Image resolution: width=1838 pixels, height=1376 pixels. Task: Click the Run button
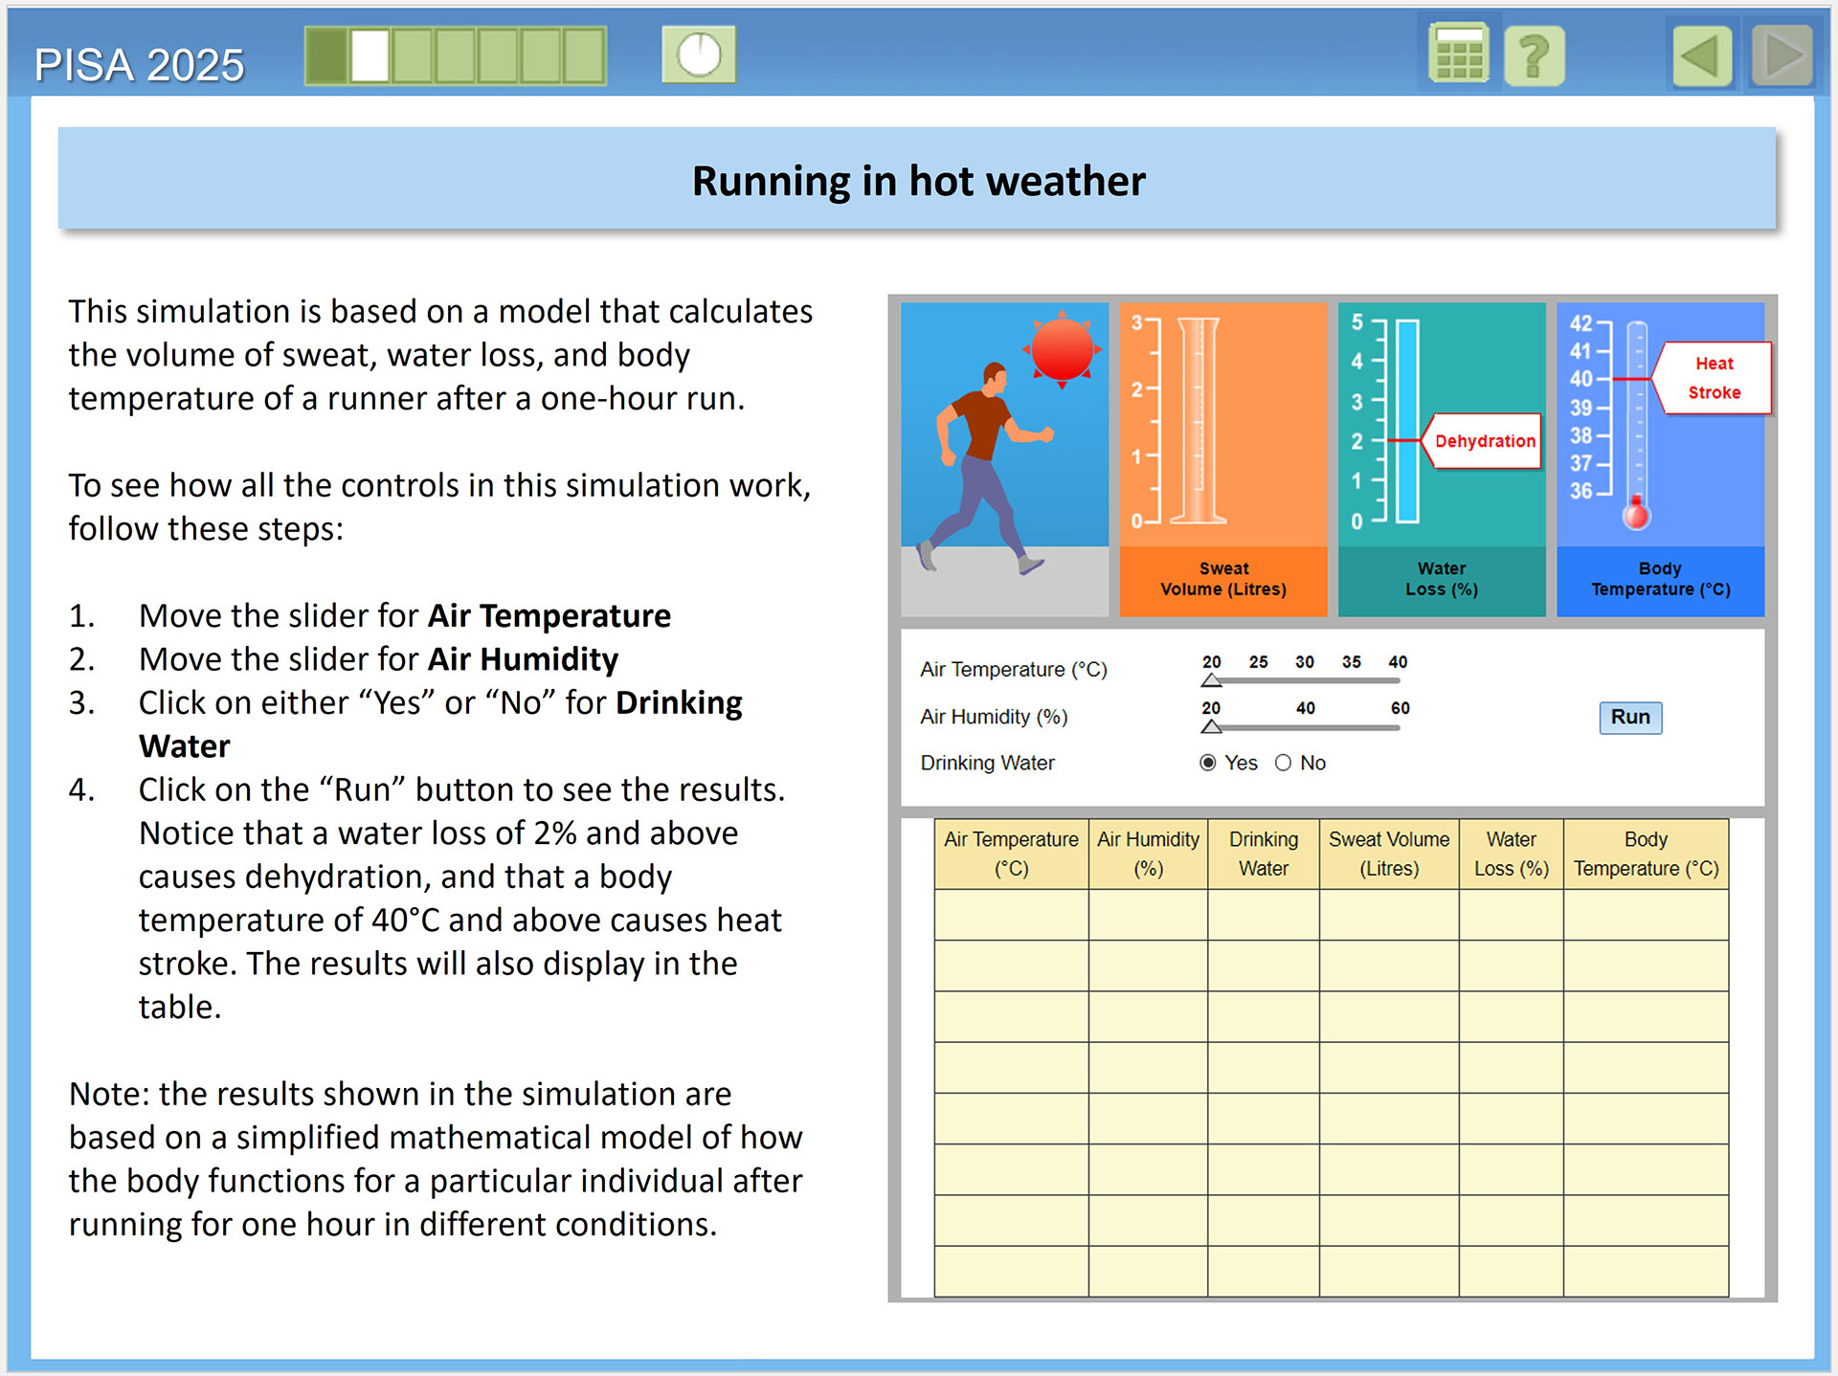coord(1629,717)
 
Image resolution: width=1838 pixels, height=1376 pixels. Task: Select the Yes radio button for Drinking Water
coord(1208,763)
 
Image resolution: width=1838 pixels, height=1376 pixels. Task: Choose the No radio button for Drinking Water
coord(1283,763)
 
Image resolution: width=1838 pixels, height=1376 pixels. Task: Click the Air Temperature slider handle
coord(1212,680)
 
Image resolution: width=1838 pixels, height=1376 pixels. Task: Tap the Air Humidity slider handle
coord(1212,726)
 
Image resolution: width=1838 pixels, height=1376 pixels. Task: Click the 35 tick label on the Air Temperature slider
coord(1351,662)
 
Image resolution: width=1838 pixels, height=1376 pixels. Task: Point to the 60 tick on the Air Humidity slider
coord(1400,708)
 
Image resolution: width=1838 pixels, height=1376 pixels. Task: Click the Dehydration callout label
coord(1484,441)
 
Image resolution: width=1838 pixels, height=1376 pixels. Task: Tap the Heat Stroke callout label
coord(1714,378)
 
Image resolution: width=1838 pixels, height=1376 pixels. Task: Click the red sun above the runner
coord(1062,349)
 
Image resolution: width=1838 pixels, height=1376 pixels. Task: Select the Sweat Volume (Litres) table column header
coord(1389,854)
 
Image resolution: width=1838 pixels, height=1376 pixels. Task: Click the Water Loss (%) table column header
coord(1511,854)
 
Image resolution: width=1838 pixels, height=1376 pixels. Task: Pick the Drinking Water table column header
coord(1263,854)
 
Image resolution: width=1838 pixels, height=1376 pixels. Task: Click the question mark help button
coord(1534,55)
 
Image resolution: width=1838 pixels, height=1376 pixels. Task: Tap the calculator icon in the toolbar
coord(1458,55)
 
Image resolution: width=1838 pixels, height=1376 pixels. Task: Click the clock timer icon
coord(699,55)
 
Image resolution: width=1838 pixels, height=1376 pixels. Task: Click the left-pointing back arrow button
coord(1702,55)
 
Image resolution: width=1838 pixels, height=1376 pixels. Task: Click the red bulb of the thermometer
coord(1636,516)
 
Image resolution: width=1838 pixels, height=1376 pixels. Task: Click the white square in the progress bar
coord(370,55)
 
